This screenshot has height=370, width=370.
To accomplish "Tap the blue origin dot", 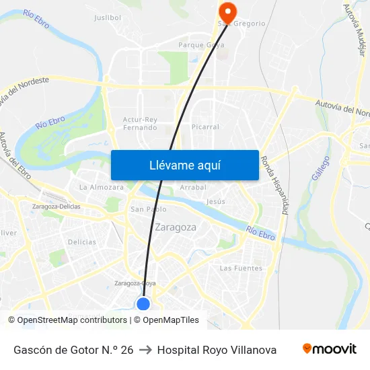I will pyautogui.click(x=143, y=304).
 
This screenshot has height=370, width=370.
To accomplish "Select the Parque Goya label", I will pyautogui.click(x=201, y=45).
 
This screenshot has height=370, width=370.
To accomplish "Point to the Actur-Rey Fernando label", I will pyautogui.click(x=140, y=123).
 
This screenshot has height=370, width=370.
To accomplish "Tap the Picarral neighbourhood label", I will pyautogui.click(x=205, y=126).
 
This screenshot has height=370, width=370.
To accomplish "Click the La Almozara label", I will pyautogui.click(x=102, y=187).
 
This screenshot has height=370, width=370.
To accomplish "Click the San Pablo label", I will pyautogui.click(x=148, y=209).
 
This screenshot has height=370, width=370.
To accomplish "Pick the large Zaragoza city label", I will pyautogui.click(x=176, y=227).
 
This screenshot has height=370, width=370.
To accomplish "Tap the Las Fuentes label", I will pyautogui.click(x=240, y=268).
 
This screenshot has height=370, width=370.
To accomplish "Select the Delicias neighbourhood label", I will pyautogui.click(x=82, y=242).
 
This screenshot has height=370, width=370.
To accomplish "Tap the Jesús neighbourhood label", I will pyautogui.click(x=216, y=201).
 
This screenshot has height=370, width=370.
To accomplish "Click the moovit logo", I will pyautogui.click(x=329, y=349).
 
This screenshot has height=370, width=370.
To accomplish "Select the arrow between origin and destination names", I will pyautogui.click(x=145, y=350).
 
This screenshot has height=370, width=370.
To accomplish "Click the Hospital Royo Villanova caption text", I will pyautogui.click(x=217, y=350).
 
